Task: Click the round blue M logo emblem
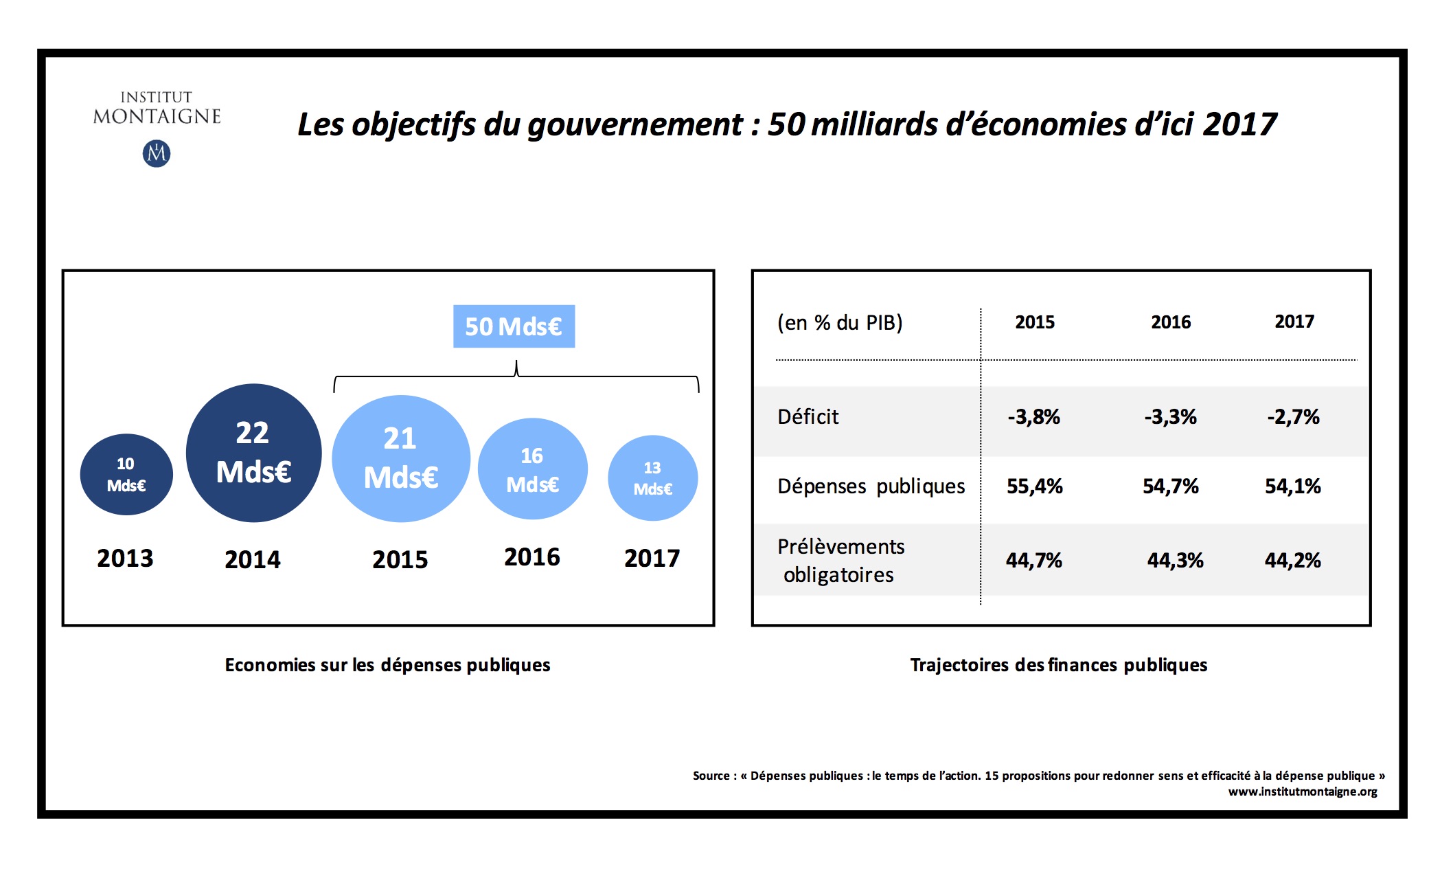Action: [157, 153]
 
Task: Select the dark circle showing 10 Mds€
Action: [126, 475]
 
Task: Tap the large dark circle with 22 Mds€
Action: [253, 453]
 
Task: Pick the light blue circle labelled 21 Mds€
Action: [400, 458]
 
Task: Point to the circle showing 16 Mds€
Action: [532, 469]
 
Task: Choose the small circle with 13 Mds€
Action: [652, 478]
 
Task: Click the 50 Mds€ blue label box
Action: [514, 326]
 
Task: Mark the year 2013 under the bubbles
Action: [125, 558]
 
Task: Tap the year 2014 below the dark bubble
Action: [253, 559]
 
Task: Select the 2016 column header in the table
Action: [1171, 322]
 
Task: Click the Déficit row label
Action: [808, 416]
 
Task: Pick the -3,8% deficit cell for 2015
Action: [1034, 416]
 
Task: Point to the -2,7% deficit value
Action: [1294, 416]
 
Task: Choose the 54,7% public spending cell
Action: [1171, 486]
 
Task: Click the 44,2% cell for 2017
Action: [1293, 560]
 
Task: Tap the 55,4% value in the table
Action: [1035, 486]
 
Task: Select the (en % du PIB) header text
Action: [840, 322]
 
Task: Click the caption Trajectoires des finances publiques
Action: [1059, 665]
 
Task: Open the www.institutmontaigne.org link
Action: [1303, 791]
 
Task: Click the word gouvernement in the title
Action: [635, 124]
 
